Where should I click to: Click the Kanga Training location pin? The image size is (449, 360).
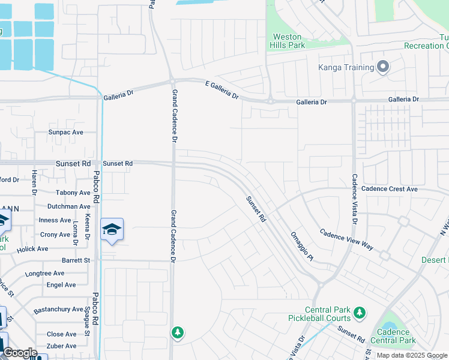383,68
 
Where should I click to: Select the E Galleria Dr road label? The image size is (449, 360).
222,92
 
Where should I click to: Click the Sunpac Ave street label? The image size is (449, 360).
65,132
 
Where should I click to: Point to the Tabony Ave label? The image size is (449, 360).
73,193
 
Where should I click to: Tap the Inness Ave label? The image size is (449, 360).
55,220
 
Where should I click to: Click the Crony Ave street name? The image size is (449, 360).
55,235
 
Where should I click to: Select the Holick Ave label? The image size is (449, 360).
33,248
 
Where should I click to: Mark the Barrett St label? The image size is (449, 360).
76,260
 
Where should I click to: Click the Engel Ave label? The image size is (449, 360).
61,285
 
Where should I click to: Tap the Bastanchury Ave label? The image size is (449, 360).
58,309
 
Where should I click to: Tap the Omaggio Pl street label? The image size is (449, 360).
302,246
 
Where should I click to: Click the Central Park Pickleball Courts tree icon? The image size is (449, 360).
360,312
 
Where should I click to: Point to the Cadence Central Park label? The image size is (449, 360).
394,336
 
